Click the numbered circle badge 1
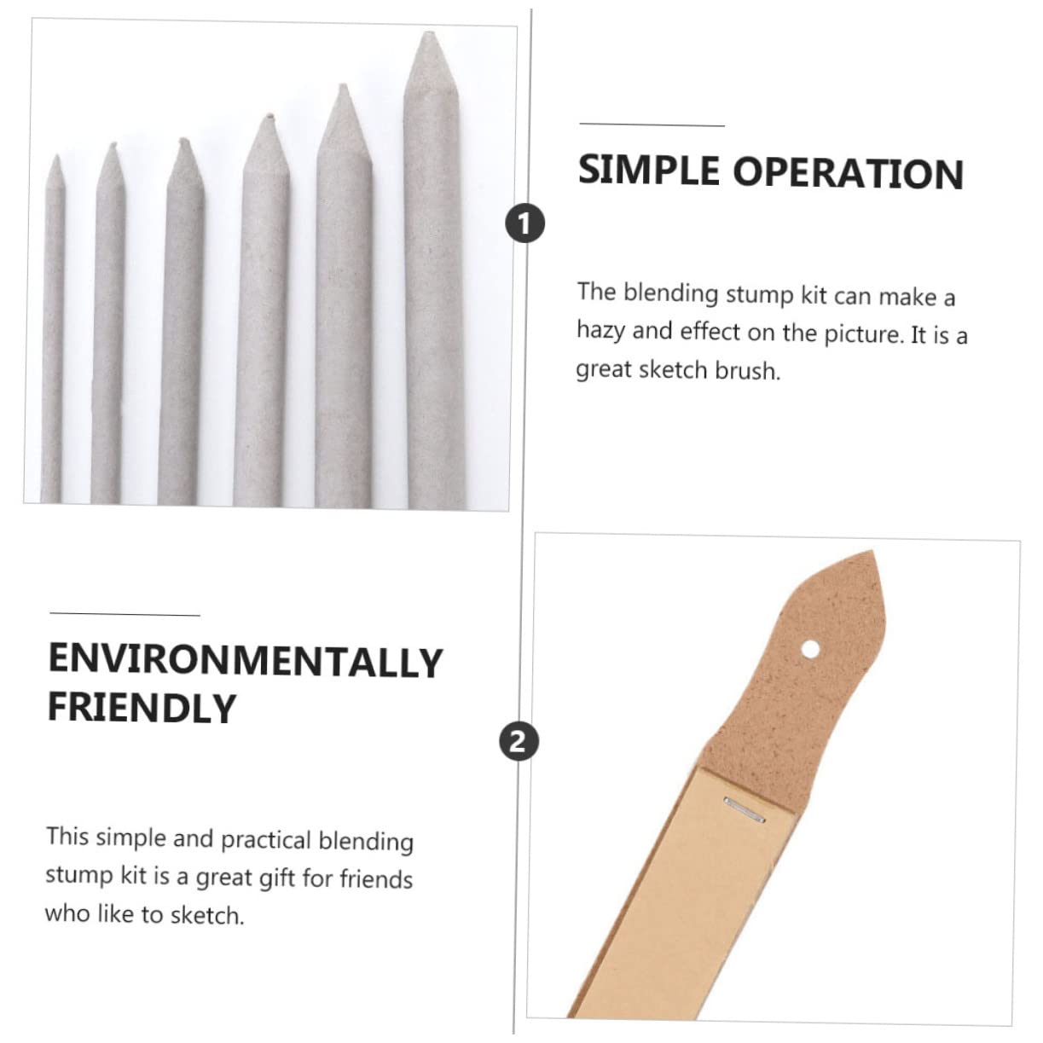click(524, 224)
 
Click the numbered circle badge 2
click(518, 740)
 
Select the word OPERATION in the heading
click(848, 173)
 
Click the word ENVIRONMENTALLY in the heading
click(246, 661)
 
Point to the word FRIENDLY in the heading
click(142, 708)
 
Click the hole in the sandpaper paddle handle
click(810, 650)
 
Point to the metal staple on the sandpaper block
click(744, 808)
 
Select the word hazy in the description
click(600, 330)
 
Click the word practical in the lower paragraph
click(265, 840)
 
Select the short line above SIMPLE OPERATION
click(652, 125)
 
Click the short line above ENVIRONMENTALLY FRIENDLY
click(125, 614)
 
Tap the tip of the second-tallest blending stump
click(343, 89)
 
